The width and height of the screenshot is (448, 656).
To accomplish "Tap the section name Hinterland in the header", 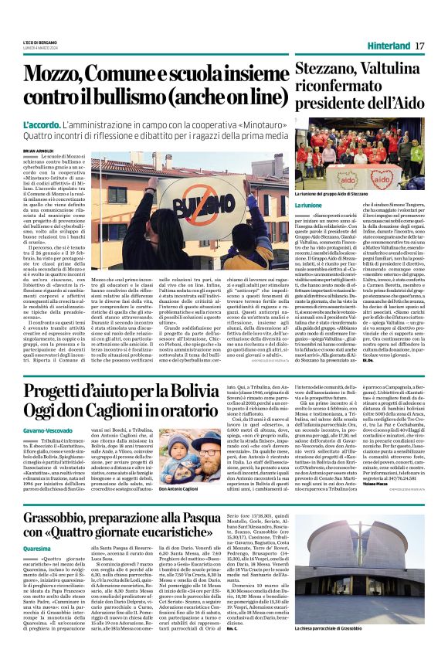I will (388, 46).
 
